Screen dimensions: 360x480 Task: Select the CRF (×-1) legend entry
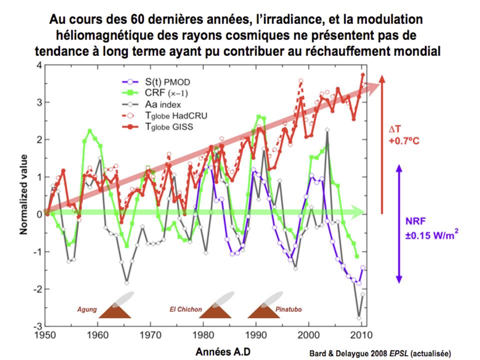(152, 93)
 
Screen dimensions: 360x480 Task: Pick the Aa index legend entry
(148, 104)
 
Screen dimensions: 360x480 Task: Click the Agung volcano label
(86, 309)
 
